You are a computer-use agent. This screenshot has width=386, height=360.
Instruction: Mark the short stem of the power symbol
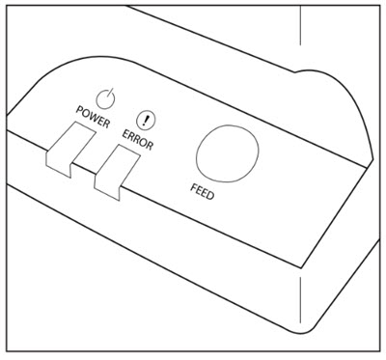point(110,93)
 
